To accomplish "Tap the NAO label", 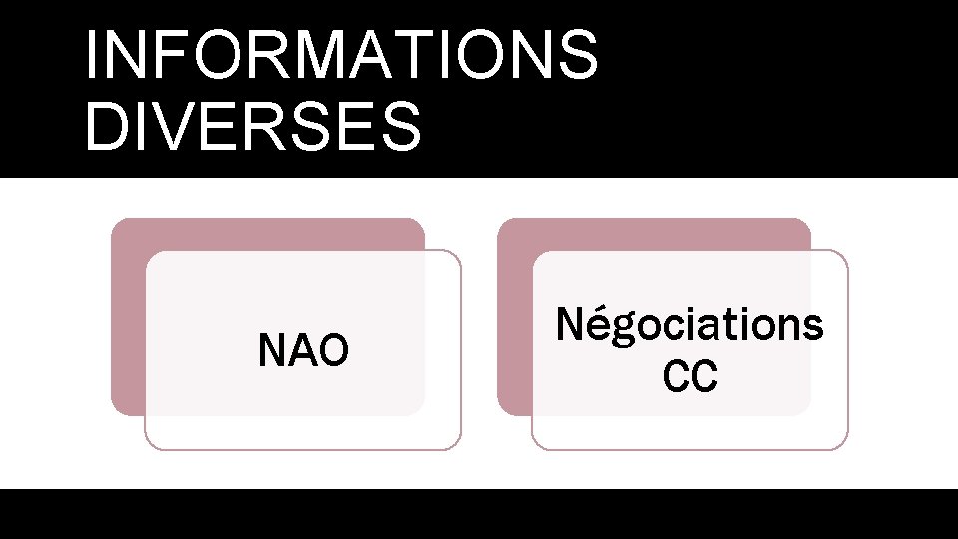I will coord(303,350).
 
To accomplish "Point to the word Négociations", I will coord(690,325).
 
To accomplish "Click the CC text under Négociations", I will coord(690,378).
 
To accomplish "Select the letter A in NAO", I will coord(303,350).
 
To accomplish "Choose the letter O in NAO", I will coord(333,350).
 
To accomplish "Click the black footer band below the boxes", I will coord(479,513).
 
